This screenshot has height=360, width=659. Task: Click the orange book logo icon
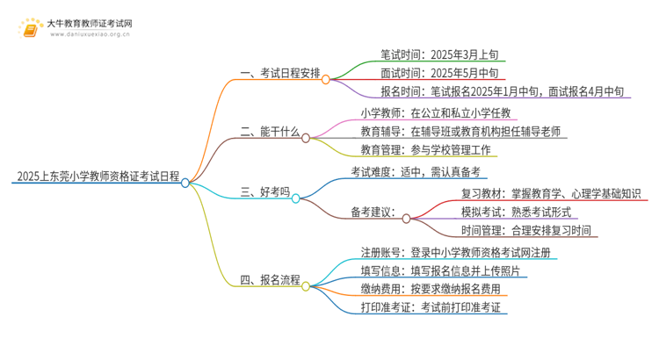pyautogui.click(x=32, y=29)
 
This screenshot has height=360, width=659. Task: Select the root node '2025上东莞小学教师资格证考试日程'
pyautogui.click(x=96, y=176)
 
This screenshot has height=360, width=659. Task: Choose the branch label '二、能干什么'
pyautogui.click(x=270, y=133)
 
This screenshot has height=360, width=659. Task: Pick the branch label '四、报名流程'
pyautogui.click(x=270, y=280)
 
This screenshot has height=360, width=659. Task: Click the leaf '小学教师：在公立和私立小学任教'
pyautogui.click(x=435, y=112)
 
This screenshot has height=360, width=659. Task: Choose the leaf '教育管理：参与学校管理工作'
pyautogui.click(x=427, y=150)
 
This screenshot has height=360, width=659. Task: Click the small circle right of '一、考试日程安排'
pyautogui.click(x=326, y=79)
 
